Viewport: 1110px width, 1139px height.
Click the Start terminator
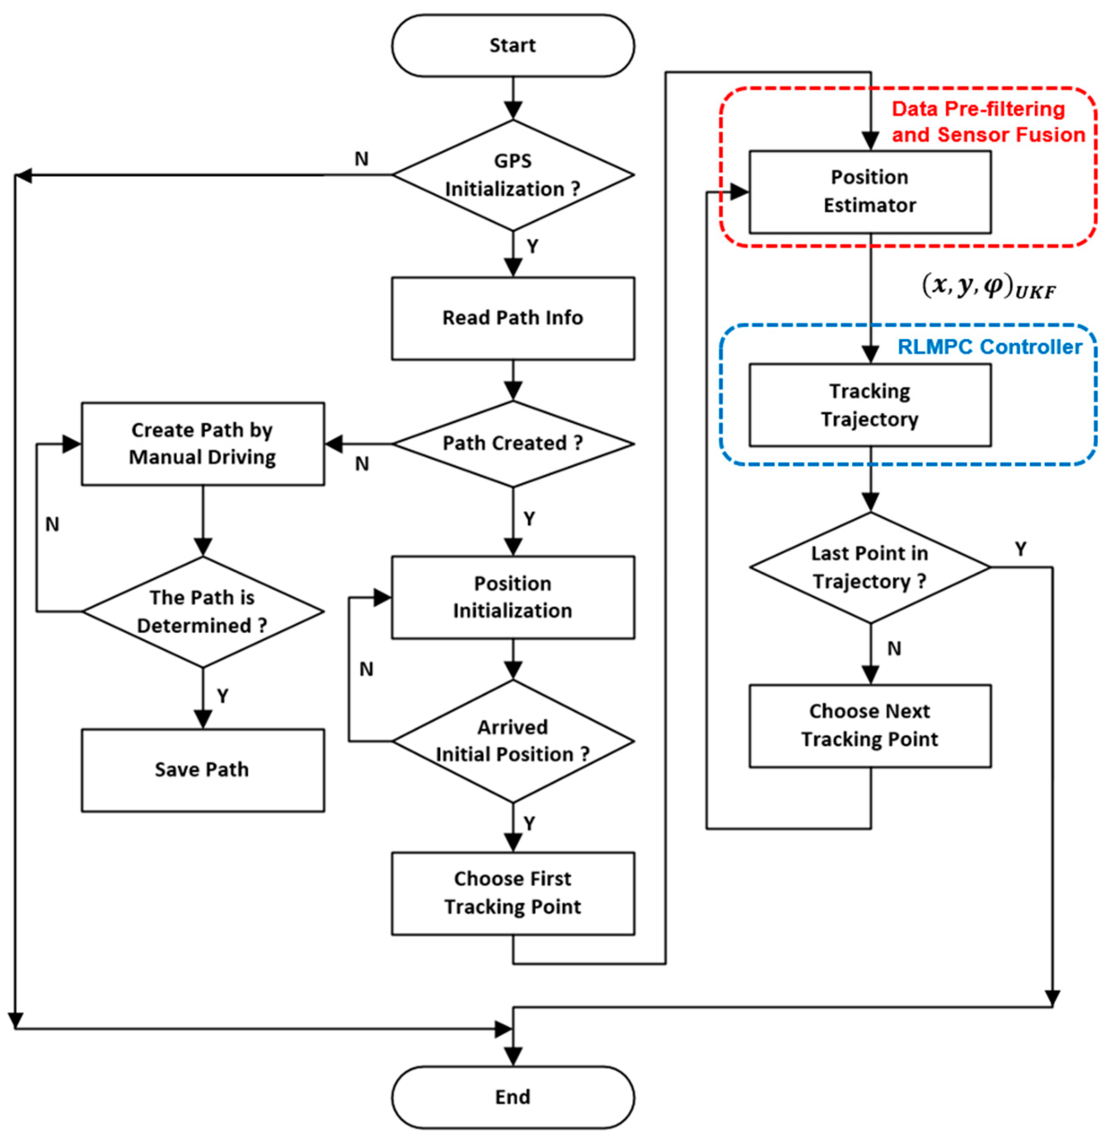tap(513, 46)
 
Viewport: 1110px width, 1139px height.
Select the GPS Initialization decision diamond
tap(513, 175)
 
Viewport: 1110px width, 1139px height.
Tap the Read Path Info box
tap(513, 318)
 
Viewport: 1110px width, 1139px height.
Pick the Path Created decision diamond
tap(513, 444)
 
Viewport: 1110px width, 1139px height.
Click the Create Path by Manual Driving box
tap(203, 443)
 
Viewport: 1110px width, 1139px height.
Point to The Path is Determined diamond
tap(203, 612)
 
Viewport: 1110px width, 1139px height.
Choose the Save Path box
tap(203, 770)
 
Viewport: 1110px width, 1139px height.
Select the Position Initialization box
tap(513, 597)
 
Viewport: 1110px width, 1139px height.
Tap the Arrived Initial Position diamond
tap(513, 741)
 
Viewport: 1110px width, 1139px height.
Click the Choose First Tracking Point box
tap(513, 893)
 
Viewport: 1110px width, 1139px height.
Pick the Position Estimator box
tap(870, 192)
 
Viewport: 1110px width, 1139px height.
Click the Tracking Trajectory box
tap(870, 405)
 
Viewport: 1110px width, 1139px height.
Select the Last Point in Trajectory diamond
tap(870, 567)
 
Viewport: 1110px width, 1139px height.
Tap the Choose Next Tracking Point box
tap(870, 726)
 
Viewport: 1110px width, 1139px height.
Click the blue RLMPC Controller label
tap(990, 347)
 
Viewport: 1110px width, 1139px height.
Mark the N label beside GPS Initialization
tap(362, 159)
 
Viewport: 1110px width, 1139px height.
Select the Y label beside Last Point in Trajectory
tap(1020, 549)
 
